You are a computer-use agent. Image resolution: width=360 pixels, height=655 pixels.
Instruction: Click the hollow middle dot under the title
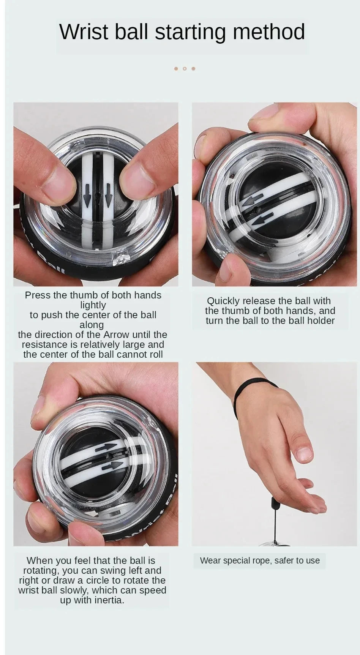pyautogui.click(x=185, y=69)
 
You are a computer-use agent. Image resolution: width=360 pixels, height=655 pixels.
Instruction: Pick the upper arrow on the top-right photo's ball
pyautogui.click(x=253, y=200)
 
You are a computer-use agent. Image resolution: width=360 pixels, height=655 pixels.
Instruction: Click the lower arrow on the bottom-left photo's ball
pyautogui.click(x=112, y=465)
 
